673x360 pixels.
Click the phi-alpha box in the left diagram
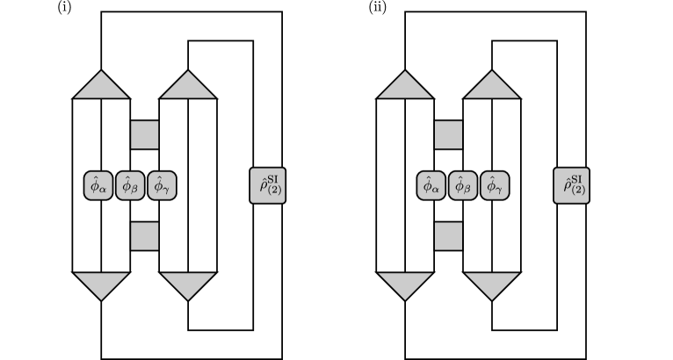tap(98, 186)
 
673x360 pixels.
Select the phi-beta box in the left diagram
tap(130, 186)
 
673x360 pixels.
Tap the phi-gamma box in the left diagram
tap(162, 186)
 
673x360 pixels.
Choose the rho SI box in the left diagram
tap(268, 186)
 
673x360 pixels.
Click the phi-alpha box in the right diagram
tap(431, 186)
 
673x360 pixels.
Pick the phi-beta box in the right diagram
tap(463, 186)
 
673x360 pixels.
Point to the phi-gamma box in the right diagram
tap(495, 186)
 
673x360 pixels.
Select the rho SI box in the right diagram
tap(571, 186)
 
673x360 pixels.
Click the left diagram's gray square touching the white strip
tap(145, 134)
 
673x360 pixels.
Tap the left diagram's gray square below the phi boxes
tap(145, 236)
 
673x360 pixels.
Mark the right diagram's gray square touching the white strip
tap(449, 134)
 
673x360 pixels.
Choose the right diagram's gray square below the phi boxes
tap(449, 236)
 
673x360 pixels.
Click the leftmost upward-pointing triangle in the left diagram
tap(101, 87)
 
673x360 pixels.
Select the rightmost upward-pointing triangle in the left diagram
tap(188, 87)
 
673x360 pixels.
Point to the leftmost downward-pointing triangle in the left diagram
tap(101, 284)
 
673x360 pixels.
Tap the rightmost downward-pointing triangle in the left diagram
tap(188, 284)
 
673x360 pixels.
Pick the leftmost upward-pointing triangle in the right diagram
tap(405, 87)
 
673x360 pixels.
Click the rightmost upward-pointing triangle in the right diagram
tap(492, 87)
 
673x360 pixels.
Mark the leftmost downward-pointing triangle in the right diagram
tap(405, 284)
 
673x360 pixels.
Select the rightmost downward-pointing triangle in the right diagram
tap(492, 284)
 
